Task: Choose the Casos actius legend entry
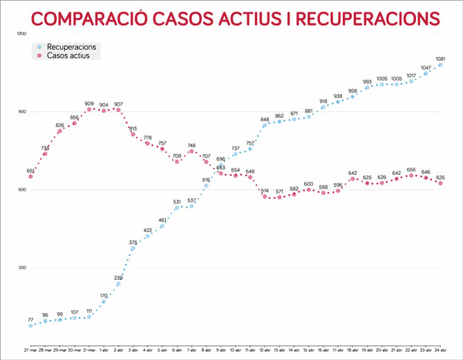[x=72, y=55]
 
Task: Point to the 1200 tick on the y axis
[x=21, y=33]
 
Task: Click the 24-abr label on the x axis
[x=440, y=351]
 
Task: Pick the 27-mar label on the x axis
[x=30, y=351]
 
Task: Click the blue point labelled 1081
[x=440, y=65]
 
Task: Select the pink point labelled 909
[x=89, y=109]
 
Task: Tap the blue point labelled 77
[x=30, y=325]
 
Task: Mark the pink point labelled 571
[x=279, y=198]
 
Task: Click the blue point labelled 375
[x=133, y=248]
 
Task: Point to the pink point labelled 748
[x=191, y=151]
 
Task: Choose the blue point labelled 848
[x=265, y=125]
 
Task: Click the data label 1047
[x=426, y=68]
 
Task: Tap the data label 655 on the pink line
[x=411, y=169]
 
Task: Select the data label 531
[x=177, y=202]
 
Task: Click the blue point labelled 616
[x=206, y=185]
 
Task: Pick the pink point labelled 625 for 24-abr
[x=440, y=183]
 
